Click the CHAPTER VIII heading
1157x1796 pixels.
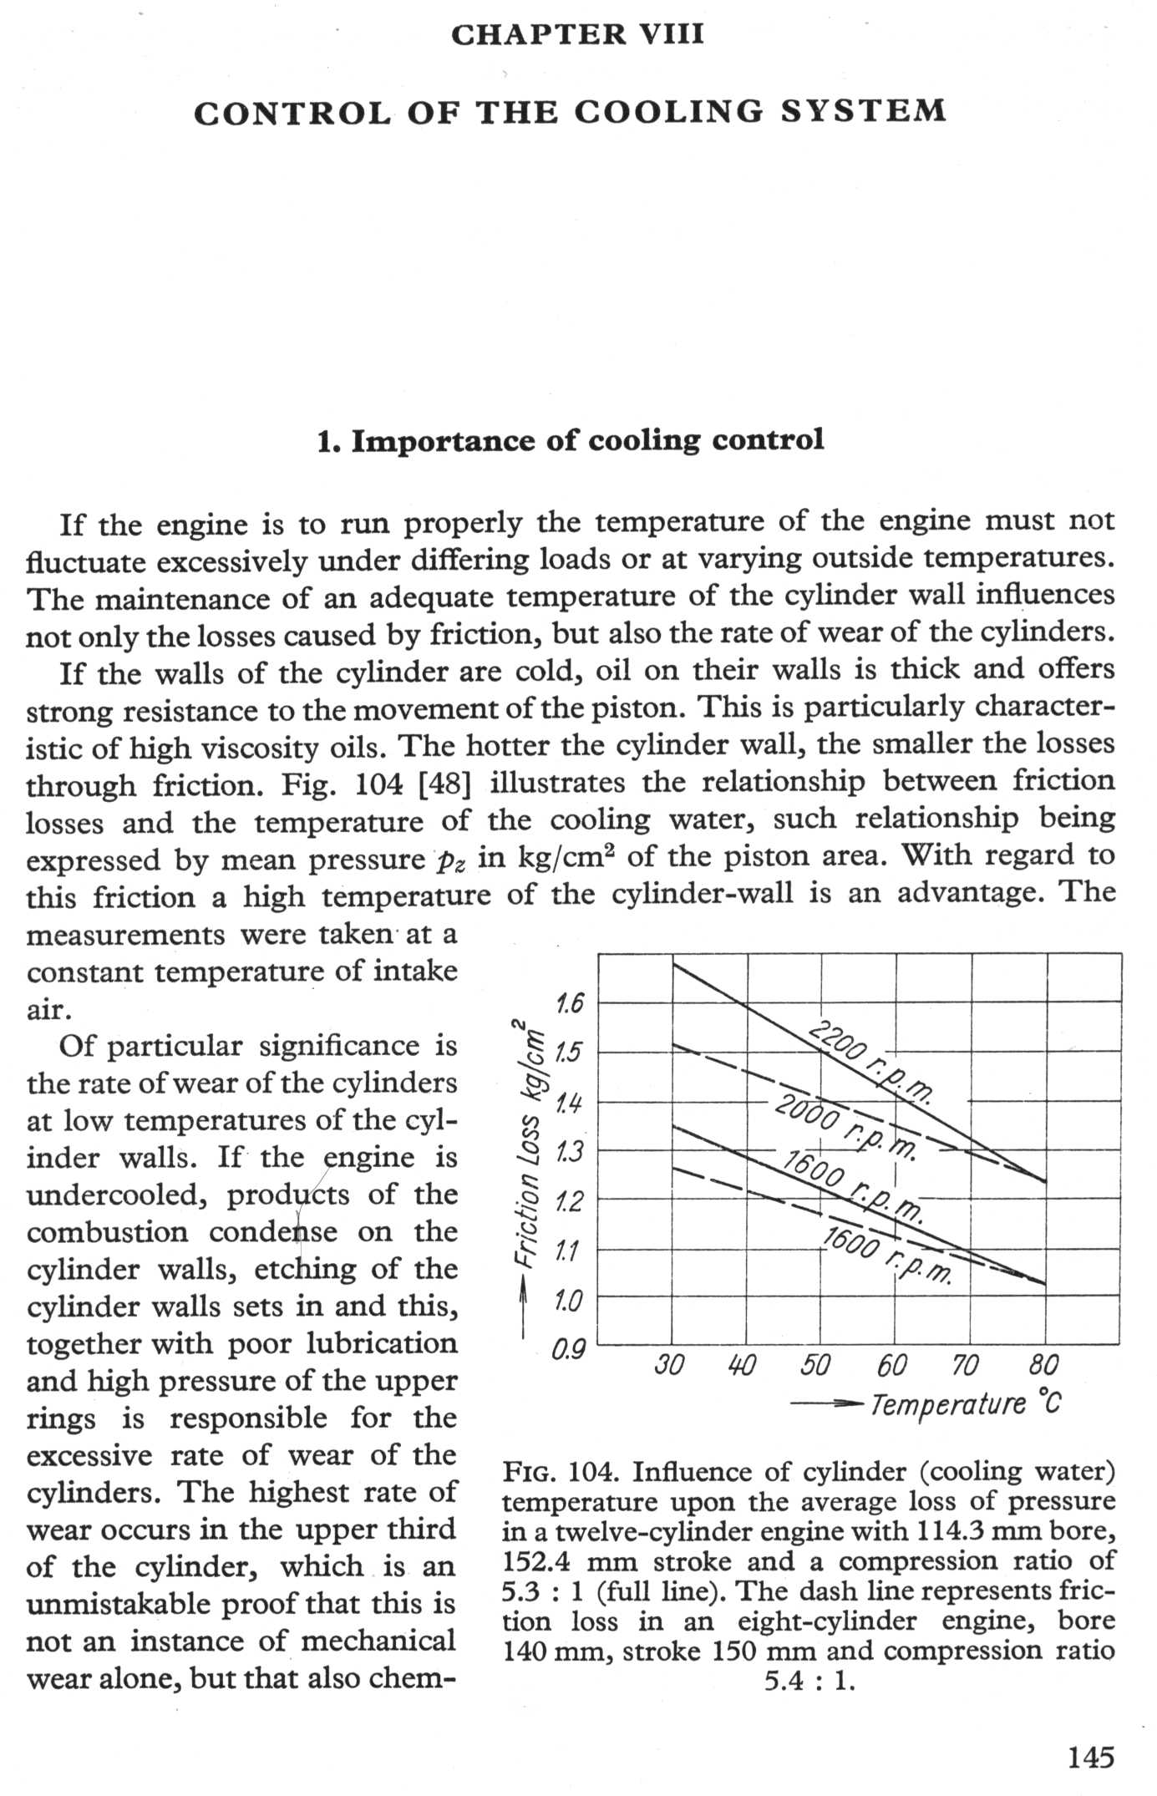pos(577,34)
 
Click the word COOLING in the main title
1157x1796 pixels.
pos(668,112)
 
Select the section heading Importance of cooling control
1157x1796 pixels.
pos(571,440)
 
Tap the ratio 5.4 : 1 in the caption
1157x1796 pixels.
pos(809,1680)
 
